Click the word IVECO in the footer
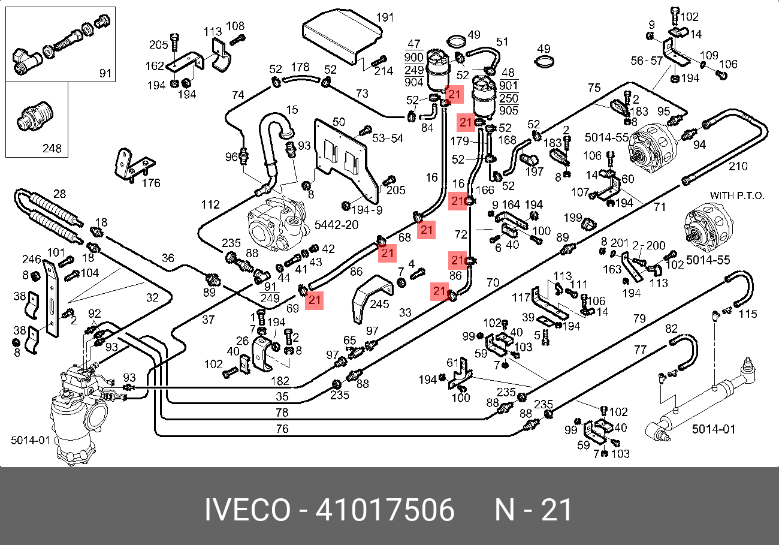tap(247, 511)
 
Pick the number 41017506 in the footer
tap(385, 511)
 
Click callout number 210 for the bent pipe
tap(738, 165)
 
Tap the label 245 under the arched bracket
tap(379, 304)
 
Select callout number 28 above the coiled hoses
tap(59, 194)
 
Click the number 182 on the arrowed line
tap(280, 381)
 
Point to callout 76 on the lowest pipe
tap(282, 429)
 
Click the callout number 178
tap(300, 67)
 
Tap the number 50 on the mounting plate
tap(338, 122)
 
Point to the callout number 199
tap(572, 217)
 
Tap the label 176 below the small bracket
tap(151, 183)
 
